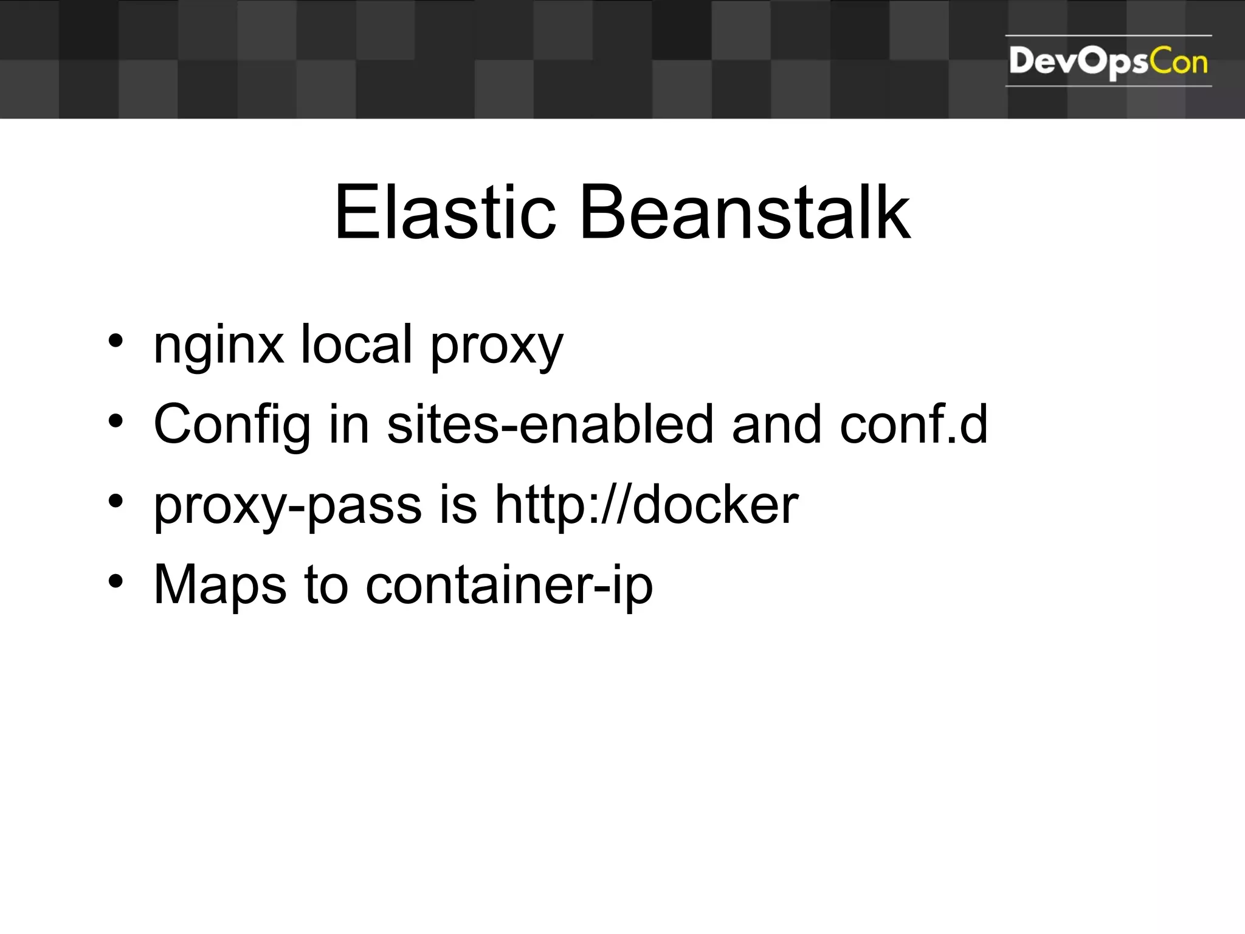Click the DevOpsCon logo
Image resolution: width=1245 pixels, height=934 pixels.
[x=1108, y=61]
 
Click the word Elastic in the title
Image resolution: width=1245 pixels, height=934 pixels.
[x=444, y=212]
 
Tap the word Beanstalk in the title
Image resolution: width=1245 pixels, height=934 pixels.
[x=745, y=212]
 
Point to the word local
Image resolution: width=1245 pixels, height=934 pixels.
[x=357, y=344]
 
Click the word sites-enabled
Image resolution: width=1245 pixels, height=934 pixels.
[x=550, y=424]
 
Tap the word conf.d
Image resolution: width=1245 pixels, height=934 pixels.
[x=913, y=424]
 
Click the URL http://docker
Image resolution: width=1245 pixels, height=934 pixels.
[x=646, y=505]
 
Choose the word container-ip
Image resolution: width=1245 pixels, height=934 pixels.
[x=509, y=585]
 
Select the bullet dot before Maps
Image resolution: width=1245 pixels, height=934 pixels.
[x=116, y=581]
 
